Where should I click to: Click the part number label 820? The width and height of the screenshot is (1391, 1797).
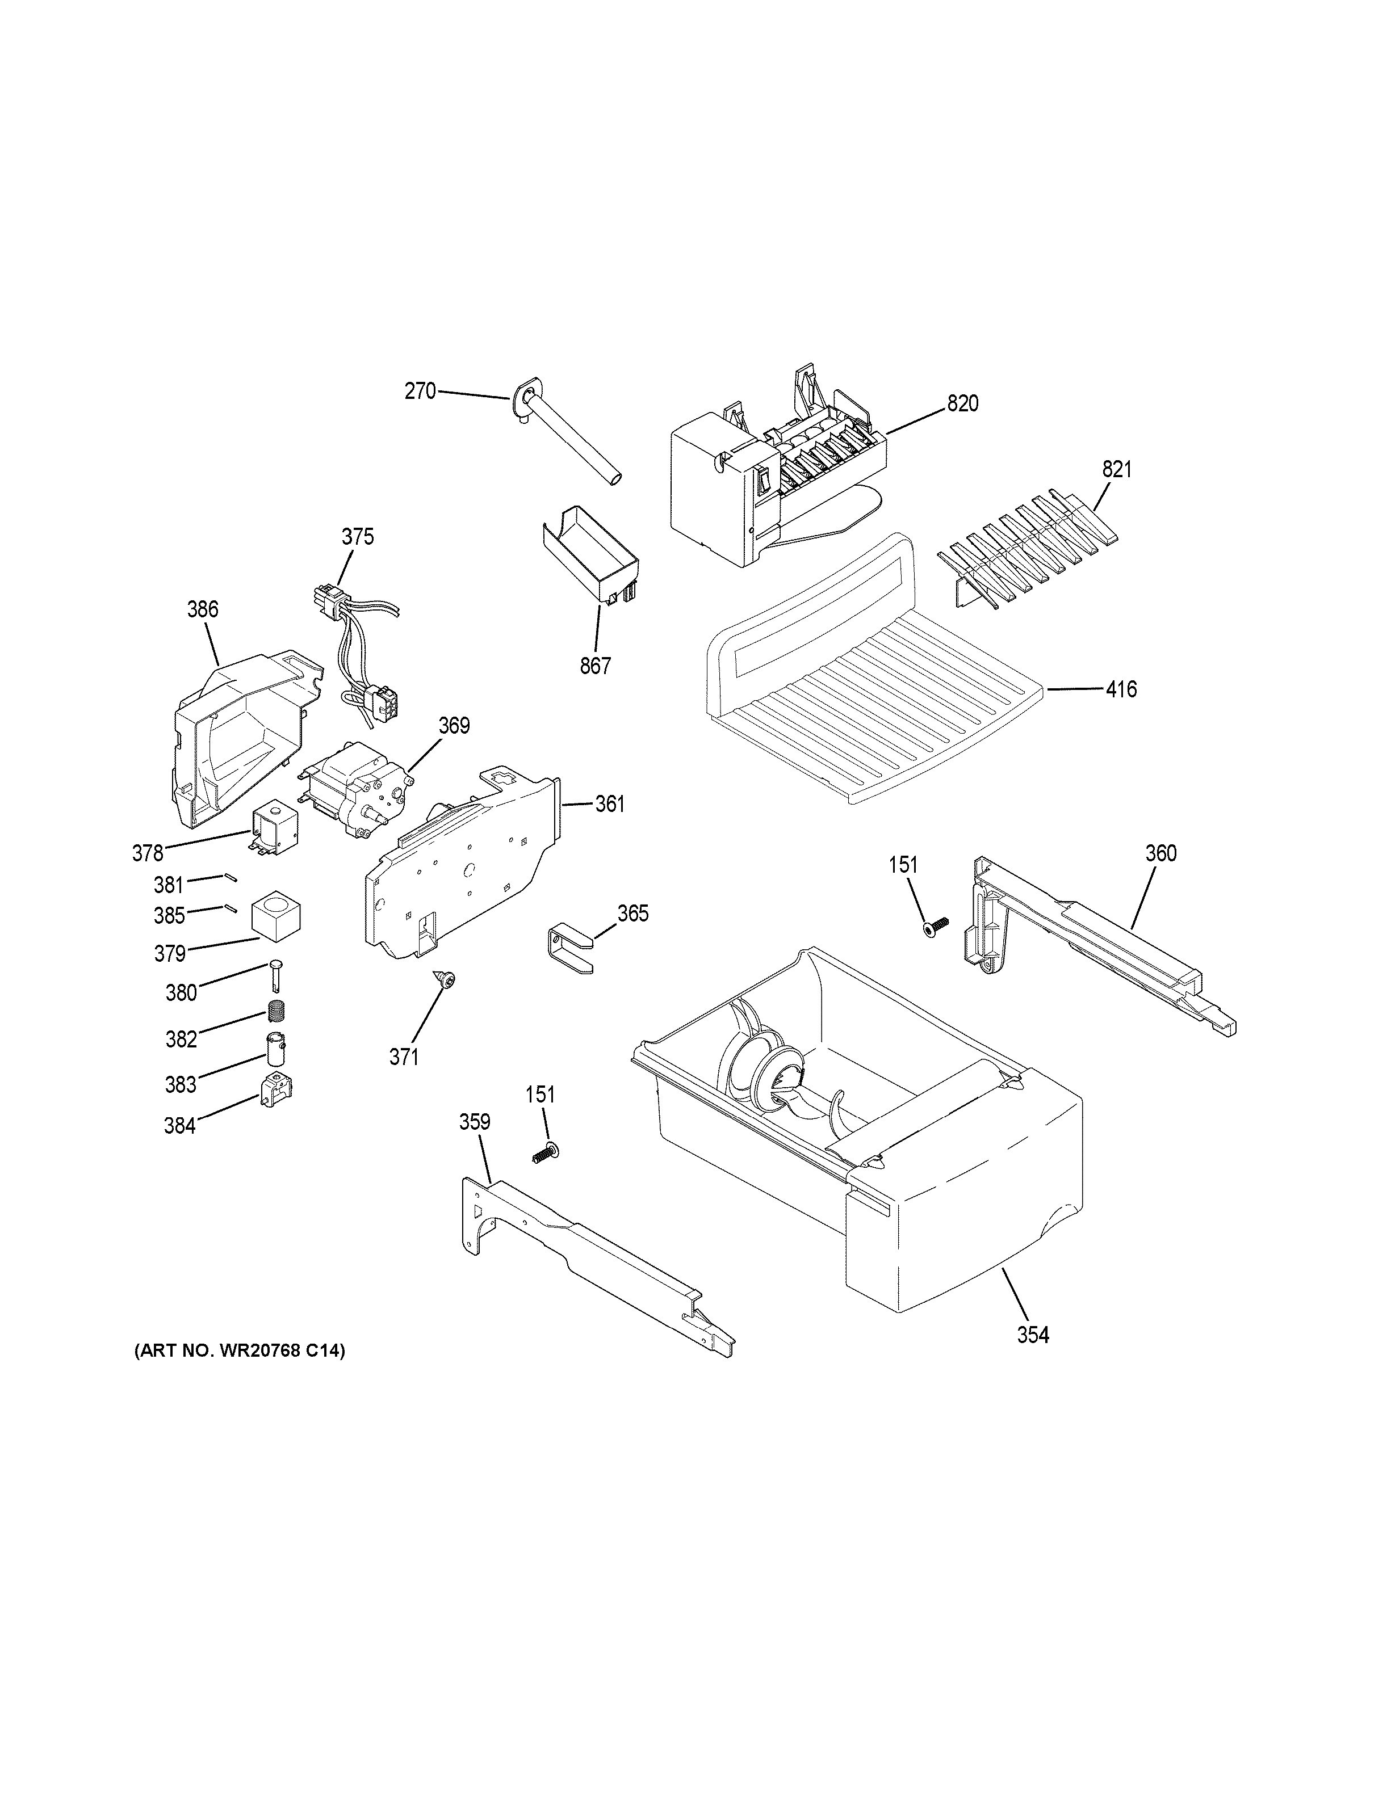[962, 404]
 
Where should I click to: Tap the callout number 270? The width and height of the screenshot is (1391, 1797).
[420, 392]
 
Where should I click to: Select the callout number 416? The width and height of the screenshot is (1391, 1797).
[1121, 689]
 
